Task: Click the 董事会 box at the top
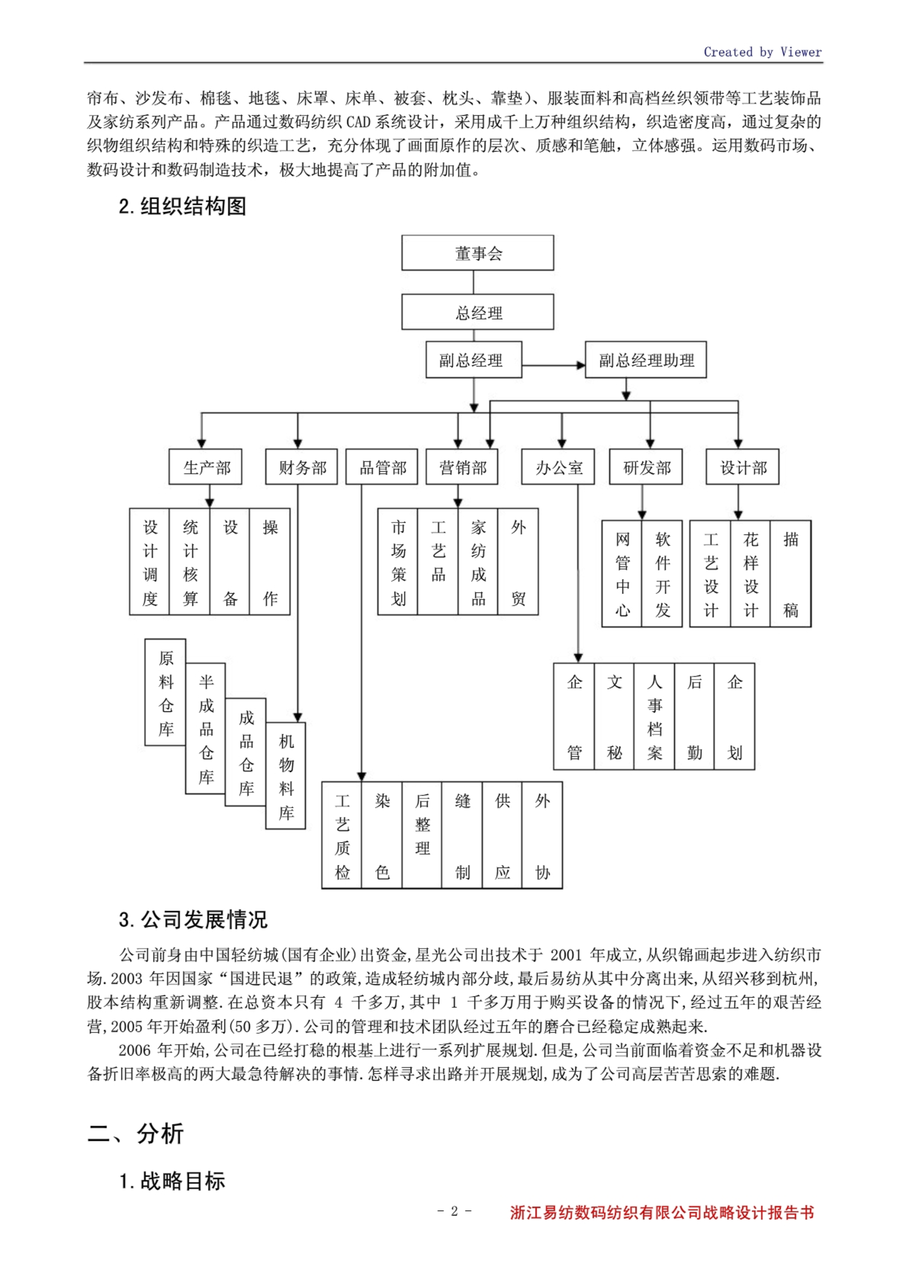pos(477,252)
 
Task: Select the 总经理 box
pos(477,312)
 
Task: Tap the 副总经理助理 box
pos(645,360)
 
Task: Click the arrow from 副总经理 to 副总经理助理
pos(553,365)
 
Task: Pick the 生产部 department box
pos(205,467)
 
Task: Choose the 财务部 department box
pos(301,467)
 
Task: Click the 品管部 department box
pos(382,467)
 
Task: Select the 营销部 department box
pos(462,467)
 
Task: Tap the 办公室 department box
pos(558,467)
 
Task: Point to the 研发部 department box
pos(646,467)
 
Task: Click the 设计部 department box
pos(742,467)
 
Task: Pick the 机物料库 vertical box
pos(285,776)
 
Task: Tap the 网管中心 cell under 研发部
pos(622,573)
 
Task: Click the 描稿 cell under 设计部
pos(790,573)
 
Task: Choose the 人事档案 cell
pos(654,716)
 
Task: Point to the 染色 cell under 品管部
pos(382,835)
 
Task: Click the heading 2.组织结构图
pos(182,206)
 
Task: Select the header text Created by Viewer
pos(762,52)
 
